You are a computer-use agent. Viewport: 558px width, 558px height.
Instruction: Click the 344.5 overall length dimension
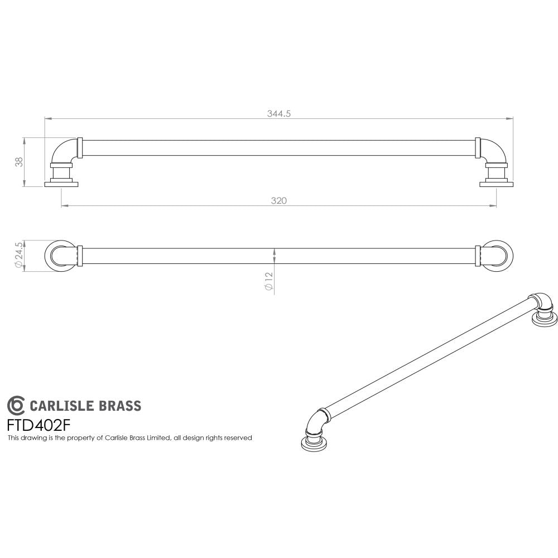(280, 113)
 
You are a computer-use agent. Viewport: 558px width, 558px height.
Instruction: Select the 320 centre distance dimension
(280, 201)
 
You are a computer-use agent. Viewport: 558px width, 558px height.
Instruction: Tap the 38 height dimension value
(20, 162)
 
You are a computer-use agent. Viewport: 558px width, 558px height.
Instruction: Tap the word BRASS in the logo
(121, 406)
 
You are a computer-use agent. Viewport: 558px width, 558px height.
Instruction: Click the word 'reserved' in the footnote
(239, 438)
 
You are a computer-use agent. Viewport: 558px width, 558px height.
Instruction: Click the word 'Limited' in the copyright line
(157, 438)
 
